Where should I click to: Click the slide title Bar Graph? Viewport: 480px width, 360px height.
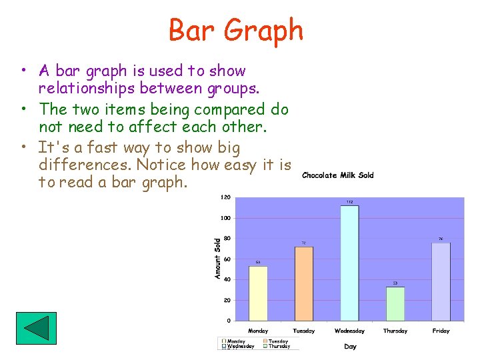point(236,31)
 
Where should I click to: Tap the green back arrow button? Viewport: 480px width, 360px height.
point(36,328)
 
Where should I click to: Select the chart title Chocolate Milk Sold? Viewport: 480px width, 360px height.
point(337,175)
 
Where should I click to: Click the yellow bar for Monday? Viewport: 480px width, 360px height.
point(258,293)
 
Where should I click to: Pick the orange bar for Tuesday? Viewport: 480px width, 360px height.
point(303,283)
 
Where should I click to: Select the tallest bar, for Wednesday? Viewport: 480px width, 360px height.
point(349,263)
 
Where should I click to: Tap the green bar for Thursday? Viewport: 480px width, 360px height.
point(395,303)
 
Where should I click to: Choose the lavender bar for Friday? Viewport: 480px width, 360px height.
point(441,281)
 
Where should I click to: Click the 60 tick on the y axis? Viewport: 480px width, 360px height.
point(227,259)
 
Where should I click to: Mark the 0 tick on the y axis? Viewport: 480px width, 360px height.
point(228,321)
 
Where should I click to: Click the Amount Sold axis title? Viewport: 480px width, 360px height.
point(217,259)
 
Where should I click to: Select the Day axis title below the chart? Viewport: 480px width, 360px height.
point(350,346)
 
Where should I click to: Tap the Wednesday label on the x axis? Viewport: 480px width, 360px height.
point(349,331)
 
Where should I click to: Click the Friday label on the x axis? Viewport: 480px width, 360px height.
point(441,331)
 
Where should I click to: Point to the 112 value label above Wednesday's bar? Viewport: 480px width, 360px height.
point(349,202)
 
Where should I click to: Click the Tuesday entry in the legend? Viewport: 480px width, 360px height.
point(277,341)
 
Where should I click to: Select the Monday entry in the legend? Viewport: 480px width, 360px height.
point(237,341)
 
